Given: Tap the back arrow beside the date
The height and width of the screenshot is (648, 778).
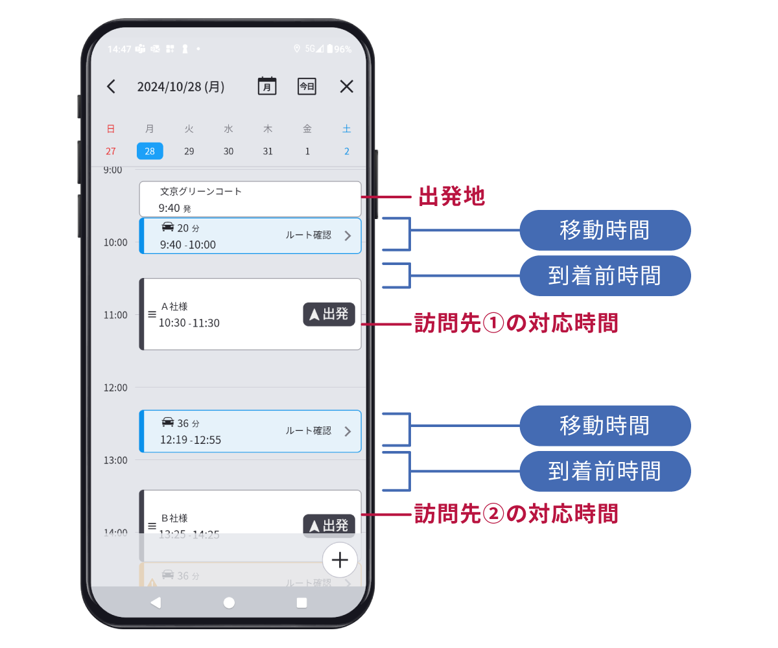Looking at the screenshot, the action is pos(111,87).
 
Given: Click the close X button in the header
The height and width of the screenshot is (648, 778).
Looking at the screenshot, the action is pos(347,87).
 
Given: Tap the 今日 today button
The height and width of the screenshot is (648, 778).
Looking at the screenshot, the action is pos(307,86).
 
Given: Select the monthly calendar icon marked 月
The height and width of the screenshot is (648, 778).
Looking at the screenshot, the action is pos(267,86).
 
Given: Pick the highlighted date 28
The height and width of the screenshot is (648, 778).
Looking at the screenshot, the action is pos(150,151).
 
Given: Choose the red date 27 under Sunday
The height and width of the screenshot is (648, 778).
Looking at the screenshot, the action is pos(111,151).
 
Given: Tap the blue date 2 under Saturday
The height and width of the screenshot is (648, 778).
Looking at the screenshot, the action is pos(347,151).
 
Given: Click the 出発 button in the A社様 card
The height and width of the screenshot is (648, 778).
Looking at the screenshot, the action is pos(329,314).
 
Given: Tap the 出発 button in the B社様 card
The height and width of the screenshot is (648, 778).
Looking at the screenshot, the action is pos(329,526).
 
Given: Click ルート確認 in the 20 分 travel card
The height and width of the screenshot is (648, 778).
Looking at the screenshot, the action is pos(309,235).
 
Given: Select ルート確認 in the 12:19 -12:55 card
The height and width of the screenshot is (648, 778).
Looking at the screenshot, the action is pos(309,431).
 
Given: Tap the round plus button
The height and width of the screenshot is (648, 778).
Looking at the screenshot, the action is pos(340,559).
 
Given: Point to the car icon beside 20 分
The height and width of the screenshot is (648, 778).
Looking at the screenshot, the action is pos(167,227).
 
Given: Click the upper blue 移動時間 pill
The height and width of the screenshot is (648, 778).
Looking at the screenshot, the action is pos(605,230).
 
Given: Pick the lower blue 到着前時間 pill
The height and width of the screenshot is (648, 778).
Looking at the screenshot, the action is pos(605,471).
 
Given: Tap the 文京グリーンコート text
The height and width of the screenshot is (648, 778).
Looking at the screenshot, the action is pos(201,191).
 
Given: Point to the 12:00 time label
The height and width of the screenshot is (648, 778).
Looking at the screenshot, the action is pos(115,388).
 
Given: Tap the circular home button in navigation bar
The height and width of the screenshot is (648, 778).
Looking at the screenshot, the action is pos(229,603).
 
